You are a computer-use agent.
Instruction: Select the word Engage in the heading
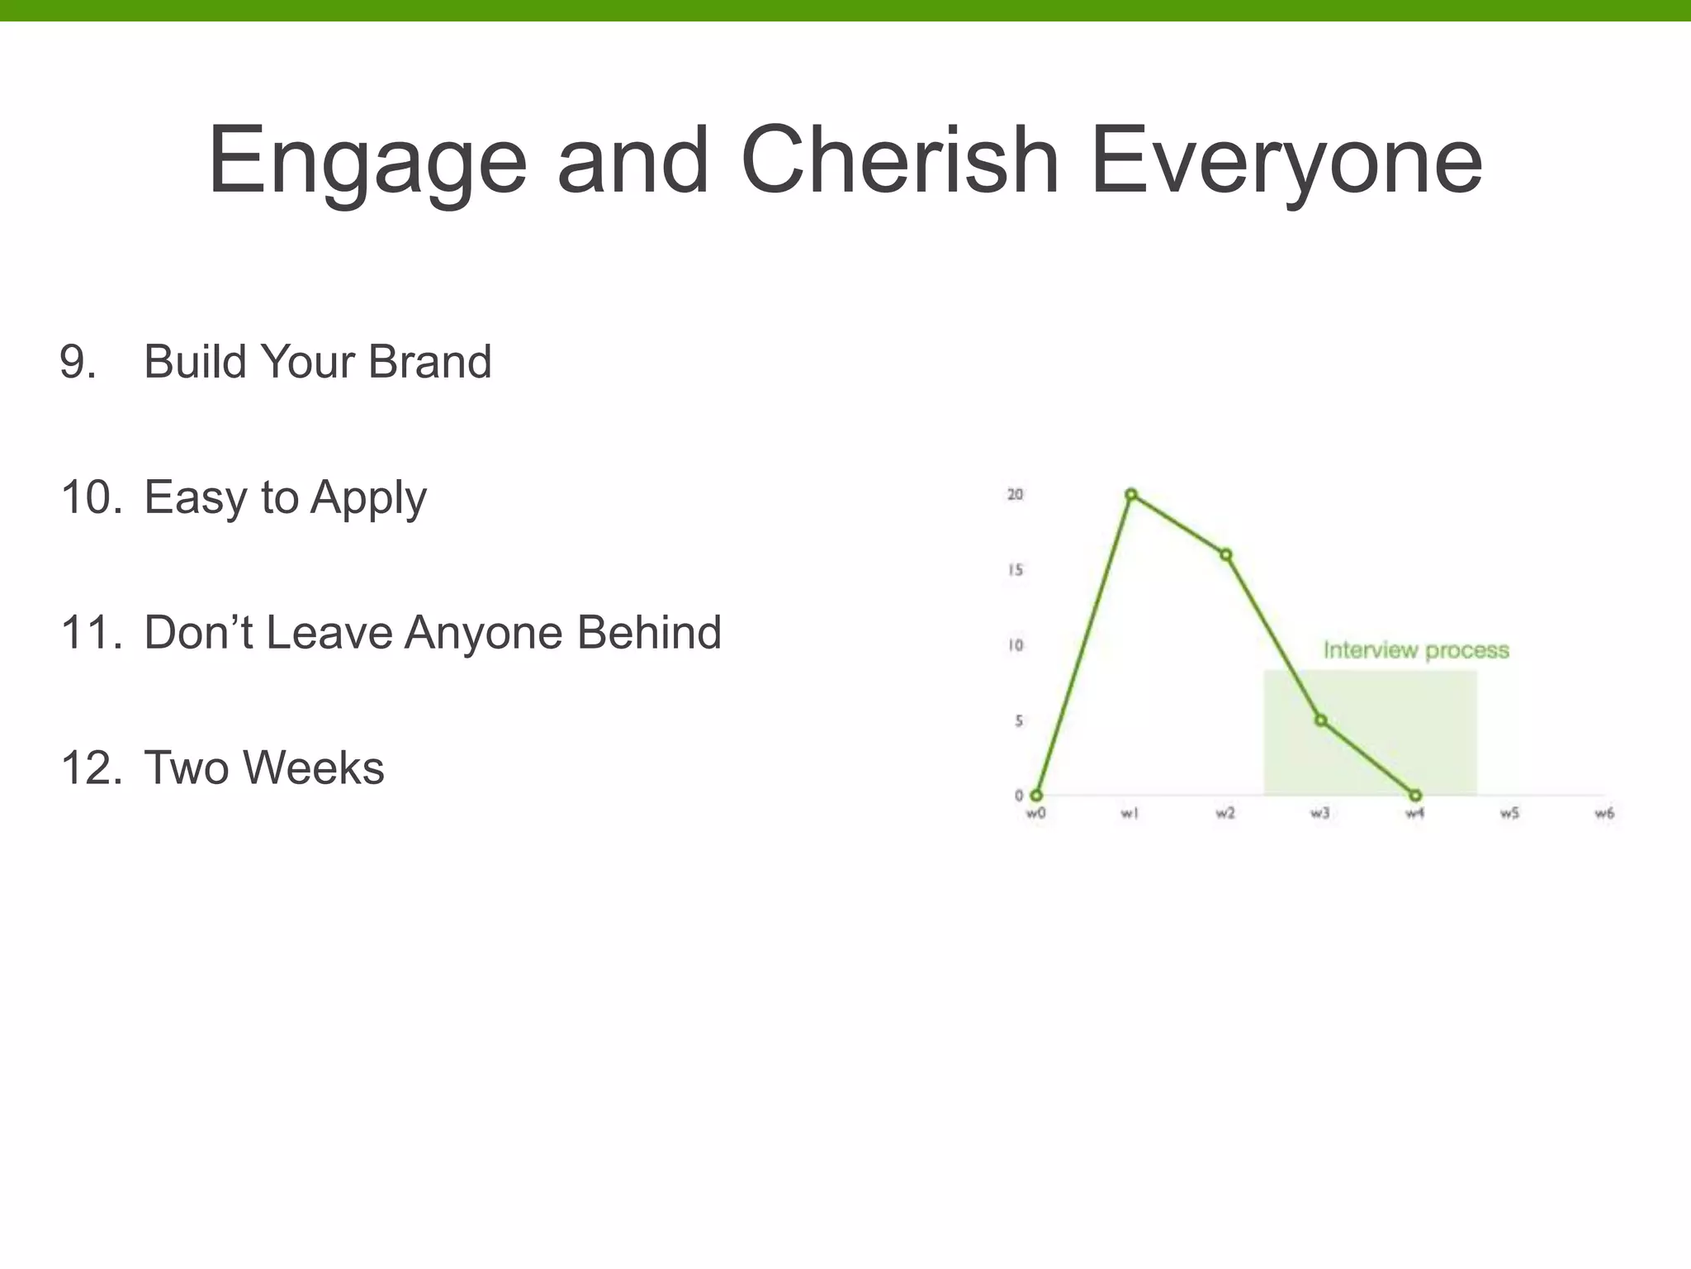point(367,161)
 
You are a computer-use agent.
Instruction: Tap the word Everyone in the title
point(1286,161)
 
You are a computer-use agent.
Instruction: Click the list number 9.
point(78,362)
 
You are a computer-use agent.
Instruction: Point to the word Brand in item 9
point(429,362)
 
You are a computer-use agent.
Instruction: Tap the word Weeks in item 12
point(313,768)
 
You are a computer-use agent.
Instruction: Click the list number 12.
point(92,768)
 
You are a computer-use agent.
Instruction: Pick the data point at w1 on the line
point(1131,495)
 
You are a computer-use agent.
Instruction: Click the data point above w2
point(1226,555)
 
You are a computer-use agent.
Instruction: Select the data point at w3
point(1321,720)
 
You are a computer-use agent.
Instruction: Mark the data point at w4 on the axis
point(1415,796)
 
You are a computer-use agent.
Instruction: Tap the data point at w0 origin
point(1036,796)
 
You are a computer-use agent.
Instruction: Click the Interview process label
point(1416,650)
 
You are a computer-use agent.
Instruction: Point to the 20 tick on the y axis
point(1015,494)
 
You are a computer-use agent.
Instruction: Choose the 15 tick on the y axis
point(1015,570)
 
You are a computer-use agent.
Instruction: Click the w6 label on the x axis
point(1603,814)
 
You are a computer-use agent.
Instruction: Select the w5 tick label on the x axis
point(1509,814)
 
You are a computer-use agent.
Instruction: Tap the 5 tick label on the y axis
point(1019,721)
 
